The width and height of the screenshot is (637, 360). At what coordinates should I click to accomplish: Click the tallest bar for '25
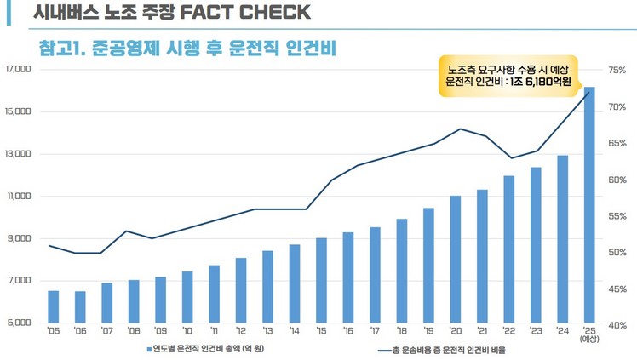click(x=588, y=204)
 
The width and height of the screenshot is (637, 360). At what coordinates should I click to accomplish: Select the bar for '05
click(x=53, y=306)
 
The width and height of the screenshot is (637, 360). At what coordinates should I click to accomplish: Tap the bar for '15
click(x=321, y=280)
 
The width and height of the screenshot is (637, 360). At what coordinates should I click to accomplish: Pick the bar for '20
click(x=455, y=259)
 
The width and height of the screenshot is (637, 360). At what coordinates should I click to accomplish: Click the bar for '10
click(x=187, y=297)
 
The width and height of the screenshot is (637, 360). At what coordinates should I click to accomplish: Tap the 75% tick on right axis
click(x=617, y=69)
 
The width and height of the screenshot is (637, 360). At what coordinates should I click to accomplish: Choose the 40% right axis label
click(x=617, y=324)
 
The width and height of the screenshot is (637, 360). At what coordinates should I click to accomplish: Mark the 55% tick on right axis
click(x=617, y=217)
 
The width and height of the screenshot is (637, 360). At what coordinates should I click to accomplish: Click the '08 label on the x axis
click(x=133, y=330)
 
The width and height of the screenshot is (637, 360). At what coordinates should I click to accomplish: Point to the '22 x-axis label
click(x=508, y=330)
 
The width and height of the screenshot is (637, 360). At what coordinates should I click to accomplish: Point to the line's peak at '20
click(x=460, y=129)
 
